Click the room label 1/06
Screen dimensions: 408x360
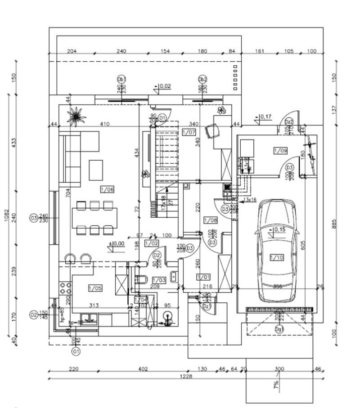[x=107, y=189]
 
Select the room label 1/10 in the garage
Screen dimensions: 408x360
[x=276, y=257]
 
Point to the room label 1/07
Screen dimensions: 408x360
[x=189, y=132]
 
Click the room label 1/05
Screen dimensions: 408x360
[x=95, y=288]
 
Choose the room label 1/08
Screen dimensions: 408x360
[x=210, y=220]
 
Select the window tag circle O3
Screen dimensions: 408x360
[x=33, y=218]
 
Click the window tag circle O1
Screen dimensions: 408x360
[x=76, y=350]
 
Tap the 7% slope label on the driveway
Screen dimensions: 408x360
[x=276, y=385]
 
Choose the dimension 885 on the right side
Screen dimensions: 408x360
[x=334, y=223]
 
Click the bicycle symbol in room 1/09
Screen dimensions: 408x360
[x=311, y=153]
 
